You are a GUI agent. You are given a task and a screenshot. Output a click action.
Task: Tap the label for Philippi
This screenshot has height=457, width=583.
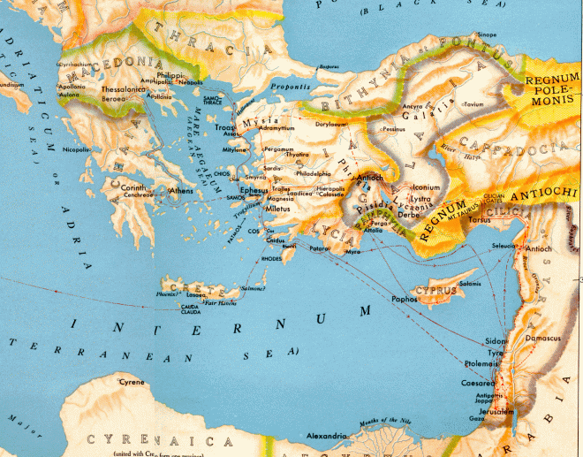171,77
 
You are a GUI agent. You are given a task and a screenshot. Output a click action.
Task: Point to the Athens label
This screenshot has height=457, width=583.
181,190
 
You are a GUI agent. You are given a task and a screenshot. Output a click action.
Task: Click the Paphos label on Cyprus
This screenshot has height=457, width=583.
405,299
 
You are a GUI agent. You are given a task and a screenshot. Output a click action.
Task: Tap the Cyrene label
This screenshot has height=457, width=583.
132,382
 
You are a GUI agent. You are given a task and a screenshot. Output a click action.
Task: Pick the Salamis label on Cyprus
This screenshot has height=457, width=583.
470,283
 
